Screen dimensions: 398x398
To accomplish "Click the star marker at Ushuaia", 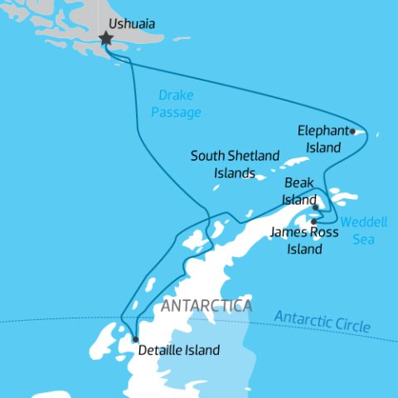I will (106, 38).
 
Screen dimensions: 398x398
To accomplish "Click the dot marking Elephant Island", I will (352, 131).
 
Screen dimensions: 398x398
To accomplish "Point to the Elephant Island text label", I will (319, 138).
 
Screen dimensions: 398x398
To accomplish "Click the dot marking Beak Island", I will (315, 207).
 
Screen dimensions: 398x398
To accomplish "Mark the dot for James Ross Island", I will (313, 221).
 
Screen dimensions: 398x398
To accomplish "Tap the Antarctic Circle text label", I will (323, 321).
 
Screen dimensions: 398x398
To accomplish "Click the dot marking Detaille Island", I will (134, 339).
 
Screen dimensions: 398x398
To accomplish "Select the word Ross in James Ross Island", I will (323, 233).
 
